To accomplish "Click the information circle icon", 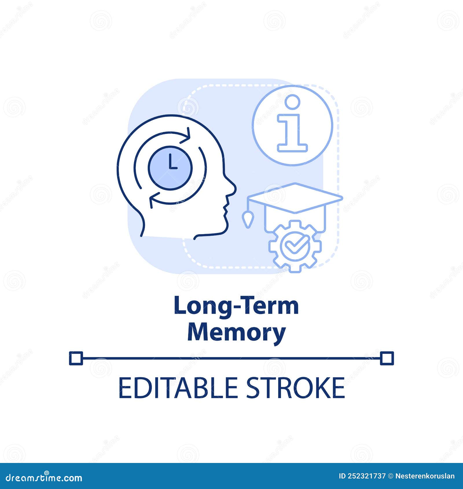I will pyautogui.click(x=292, y=126).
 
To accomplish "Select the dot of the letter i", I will pyautogui.click(x=292, y=102).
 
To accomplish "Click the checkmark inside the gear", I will pyautogui.click(x=295, y=246).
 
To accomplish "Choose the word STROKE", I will pyautogui.click(x=295, y=387).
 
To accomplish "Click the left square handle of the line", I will pyautogui.click(x=76, y=358).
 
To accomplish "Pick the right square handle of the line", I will pyautogui.click(x=387, y=358).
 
